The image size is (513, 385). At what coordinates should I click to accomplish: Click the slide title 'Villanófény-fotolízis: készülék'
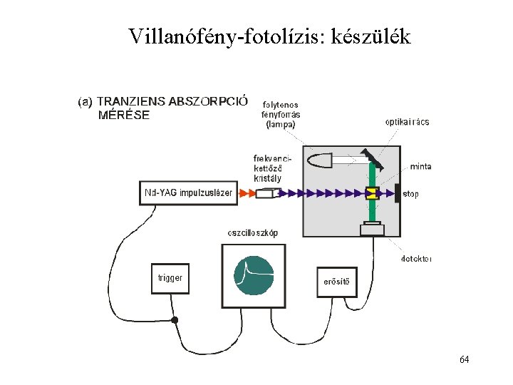pyautogui.click(x=270, y=36)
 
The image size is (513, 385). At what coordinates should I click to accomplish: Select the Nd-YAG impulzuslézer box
pyautogui.click(x=189, y=192)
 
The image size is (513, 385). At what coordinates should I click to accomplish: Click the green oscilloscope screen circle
pyautogui.click(x=254, y=275)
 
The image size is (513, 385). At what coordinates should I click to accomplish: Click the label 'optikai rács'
pyautogui.click(x=407, y=122)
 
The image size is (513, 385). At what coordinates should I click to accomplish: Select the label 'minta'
pyautogui.click(x=420, y=167)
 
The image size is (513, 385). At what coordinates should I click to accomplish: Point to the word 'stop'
pyautogui.click(x=412, y=192)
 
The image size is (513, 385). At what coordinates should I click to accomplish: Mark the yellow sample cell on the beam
pyautogui.click(x=373, y=192)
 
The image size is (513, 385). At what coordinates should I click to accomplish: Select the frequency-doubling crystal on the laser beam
pyautogui.click(x=266, y=193)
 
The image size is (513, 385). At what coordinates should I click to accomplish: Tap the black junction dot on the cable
pyautogui.click(x=175, y=321)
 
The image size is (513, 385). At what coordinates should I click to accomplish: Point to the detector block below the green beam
pyautogui.click(x=373, y=228)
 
